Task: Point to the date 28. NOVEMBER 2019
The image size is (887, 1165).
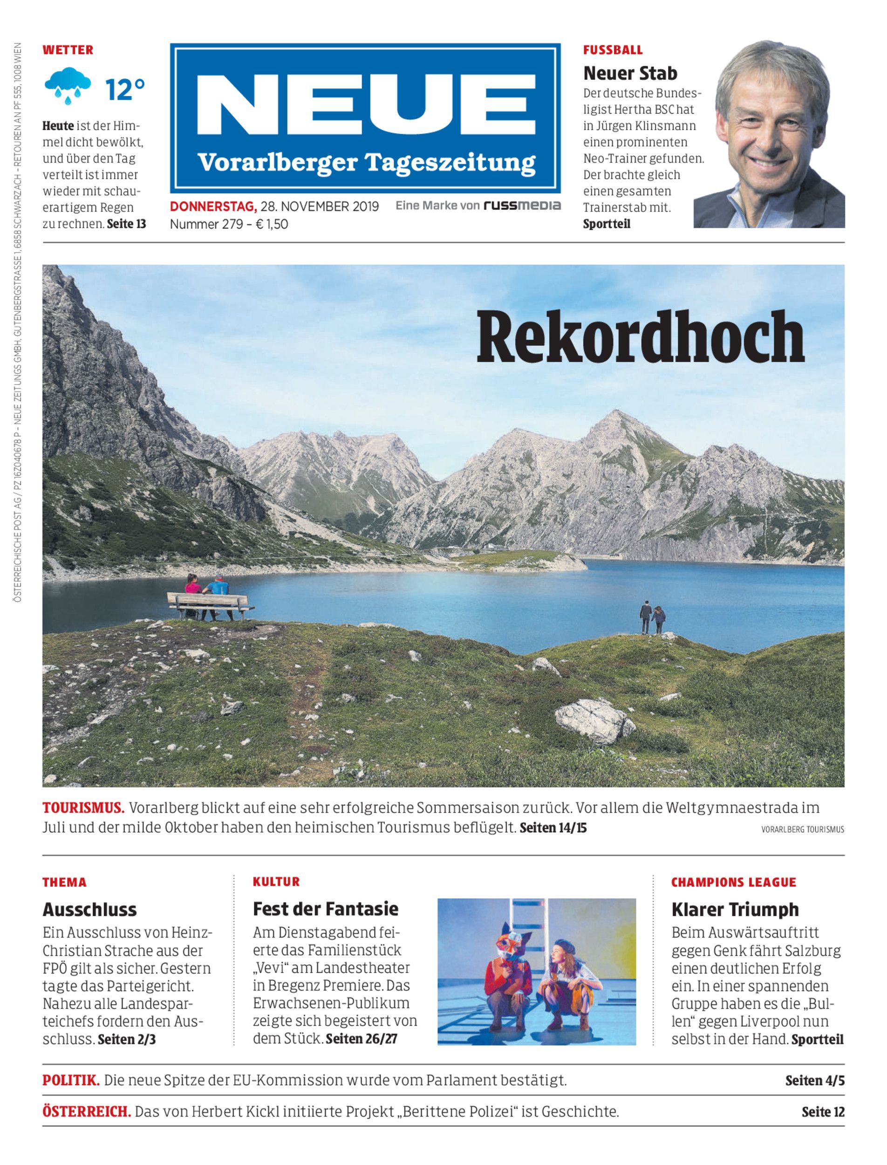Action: pos(320,206)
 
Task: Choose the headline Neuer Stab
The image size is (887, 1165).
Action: pos(630,73)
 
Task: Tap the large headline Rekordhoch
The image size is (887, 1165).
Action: pos(640,336)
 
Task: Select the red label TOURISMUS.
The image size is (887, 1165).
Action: pos(83,808)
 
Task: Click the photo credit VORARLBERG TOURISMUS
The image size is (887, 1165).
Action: pos(803,829)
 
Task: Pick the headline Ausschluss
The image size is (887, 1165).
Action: pos(90,909)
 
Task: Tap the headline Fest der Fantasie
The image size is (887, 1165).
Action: pos(325,908)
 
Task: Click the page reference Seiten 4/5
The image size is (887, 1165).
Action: pos(815,1081)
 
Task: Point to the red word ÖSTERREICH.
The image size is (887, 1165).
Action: pos(87,1112)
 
